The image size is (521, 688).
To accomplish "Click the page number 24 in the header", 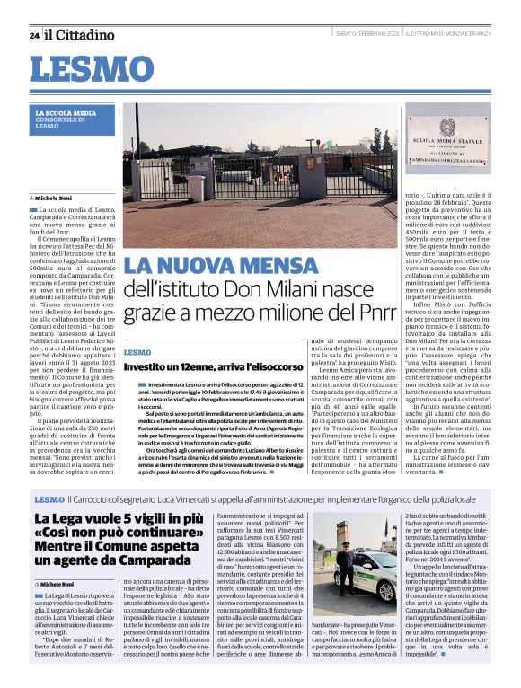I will pyautogui.click(x=33, y=35).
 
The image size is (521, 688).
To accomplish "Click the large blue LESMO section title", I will pyautogui.click(x=91, y=68).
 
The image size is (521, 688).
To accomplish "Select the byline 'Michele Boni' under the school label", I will pyautogui.click(x=53, y=197).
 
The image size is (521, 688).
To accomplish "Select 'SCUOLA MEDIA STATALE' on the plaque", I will pyautogui.click(x=447, y=142).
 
